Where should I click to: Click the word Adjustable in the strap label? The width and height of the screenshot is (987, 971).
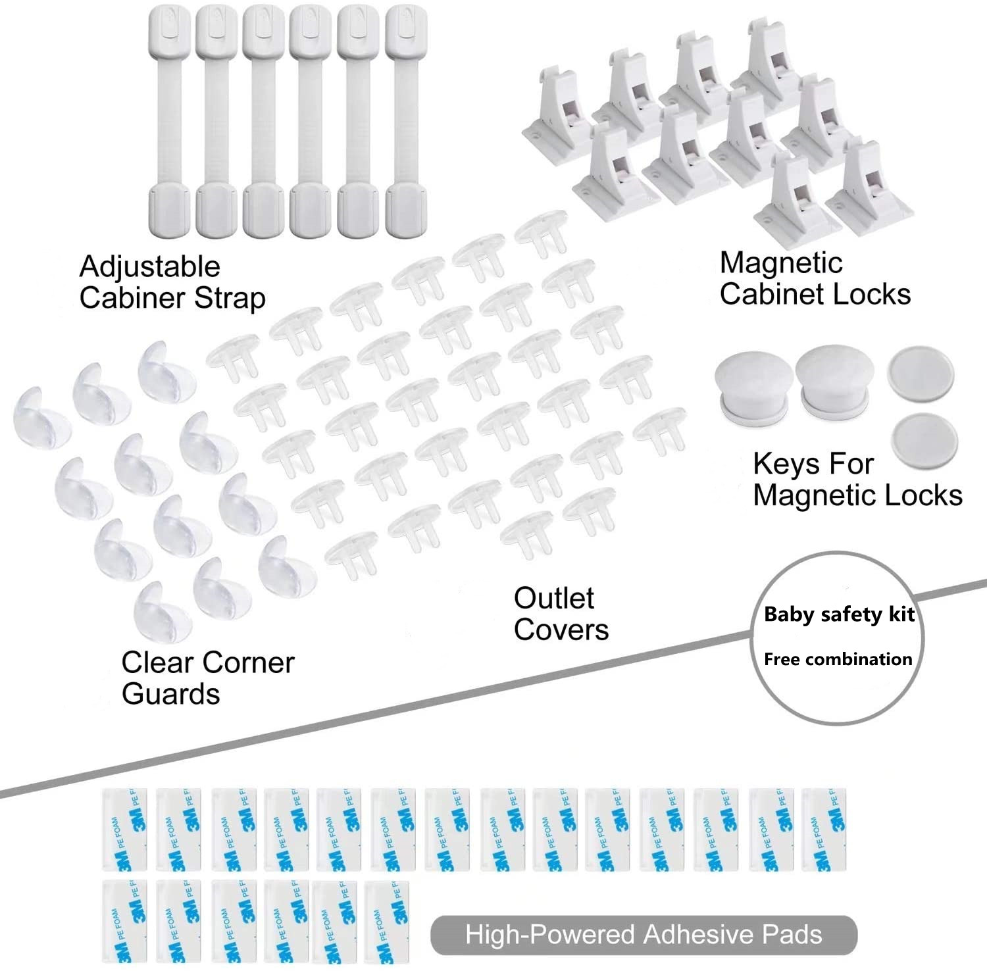point(150,267)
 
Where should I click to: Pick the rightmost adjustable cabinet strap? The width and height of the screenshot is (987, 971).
point(405,122)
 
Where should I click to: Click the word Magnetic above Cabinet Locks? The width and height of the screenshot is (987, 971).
point(781,263)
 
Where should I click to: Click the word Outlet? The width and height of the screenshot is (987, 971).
point(553,599)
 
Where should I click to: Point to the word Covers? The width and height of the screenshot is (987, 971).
point(561,630)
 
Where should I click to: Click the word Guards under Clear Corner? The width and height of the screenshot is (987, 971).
point(171,694)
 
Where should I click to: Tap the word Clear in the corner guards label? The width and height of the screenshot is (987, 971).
point(156,663)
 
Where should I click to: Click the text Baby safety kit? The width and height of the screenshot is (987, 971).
point(839,614)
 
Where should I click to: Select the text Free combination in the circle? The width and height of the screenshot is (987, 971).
point(838,659)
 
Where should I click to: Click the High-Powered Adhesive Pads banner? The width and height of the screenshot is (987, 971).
point(644,935)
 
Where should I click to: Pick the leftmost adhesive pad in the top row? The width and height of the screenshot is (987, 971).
point(124,830)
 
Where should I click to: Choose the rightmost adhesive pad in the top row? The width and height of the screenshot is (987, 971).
point(823,830)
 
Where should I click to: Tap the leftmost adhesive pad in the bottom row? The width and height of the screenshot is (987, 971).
point(124,920)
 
